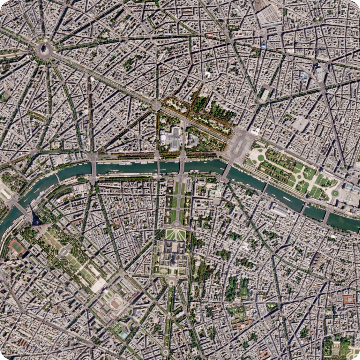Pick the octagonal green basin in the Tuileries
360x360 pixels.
coord(260,157)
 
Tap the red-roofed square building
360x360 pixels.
coord(349,299)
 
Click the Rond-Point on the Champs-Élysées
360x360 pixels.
coord(156,106)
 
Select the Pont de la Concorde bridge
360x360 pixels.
coord(228,169)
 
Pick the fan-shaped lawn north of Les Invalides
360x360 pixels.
coord(175,234)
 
